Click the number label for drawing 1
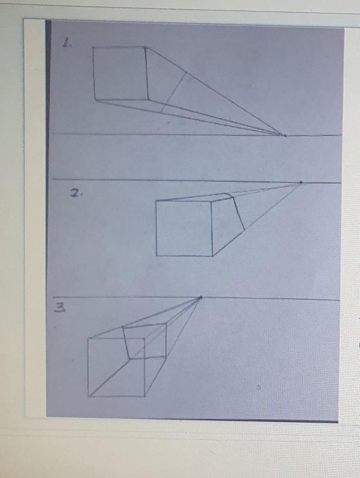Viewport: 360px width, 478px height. [67, 42]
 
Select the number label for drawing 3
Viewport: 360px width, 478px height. [60, 308]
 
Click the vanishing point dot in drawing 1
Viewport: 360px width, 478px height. [285, 135]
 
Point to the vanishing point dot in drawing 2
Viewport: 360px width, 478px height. [301, 182]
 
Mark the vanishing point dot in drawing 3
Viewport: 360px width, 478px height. [200, 297]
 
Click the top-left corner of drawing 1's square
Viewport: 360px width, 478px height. [93, 48]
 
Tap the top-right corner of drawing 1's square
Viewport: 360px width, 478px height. [145, 47]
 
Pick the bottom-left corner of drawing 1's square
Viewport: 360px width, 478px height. [95, 100]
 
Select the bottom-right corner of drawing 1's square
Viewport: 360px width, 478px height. [148, 99]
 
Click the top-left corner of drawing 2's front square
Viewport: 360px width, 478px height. [156, 201]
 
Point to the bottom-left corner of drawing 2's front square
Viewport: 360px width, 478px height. [157, 255]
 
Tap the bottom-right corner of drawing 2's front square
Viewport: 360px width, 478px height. [213, 256]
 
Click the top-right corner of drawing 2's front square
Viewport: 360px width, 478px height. [211, 201]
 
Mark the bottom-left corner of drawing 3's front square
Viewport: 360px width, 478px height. [89, 396]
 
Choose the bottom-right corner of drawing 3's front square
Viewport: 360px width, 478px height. [145, 396]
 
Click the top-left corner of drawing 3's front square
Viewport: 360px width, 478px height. [88, 338]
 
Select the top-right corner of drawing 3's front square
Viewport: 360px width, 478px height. [144, 338]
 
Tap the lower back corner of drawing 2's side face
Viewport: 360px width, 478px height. [244, 230]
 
